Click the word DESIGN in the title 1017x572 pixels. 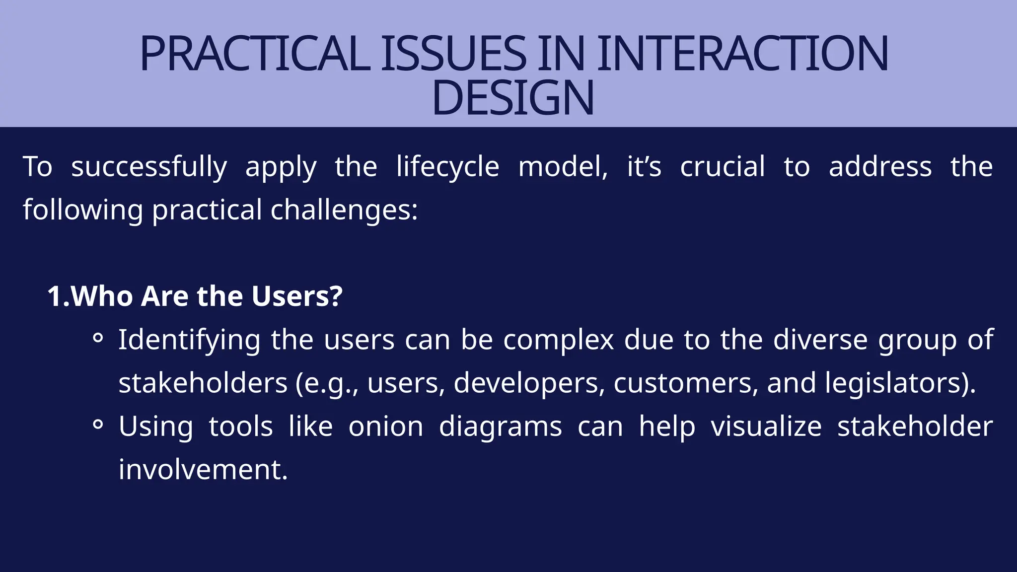point(512,98)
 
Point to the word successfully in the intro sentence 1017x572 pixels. point(149,167)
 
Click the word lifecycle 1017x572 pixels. point(447,167)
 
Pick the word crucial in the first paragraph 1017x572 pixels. point(723,167)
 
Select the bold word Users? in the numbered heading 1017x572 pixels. point(297,296)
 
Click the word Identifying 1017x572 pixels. point(189,341)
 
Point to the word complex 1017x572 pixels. point(559,341)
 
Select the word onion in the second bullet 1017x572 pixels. point(385,427)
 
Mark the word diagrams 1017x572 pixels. point(500,427)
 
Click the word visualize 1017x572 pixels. point(766,427)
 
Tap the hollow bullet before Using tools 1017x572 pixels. point(98,425)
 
